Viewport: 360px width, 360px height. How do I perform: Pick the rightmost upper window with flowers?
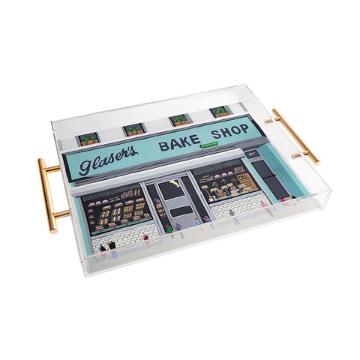220,112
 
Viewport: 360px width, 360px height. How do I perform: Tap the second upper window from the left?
134,129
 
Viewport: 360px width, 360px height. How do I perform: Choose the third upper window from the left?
178,120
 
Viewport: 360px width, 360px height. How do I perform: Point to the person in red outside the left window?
102,247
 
